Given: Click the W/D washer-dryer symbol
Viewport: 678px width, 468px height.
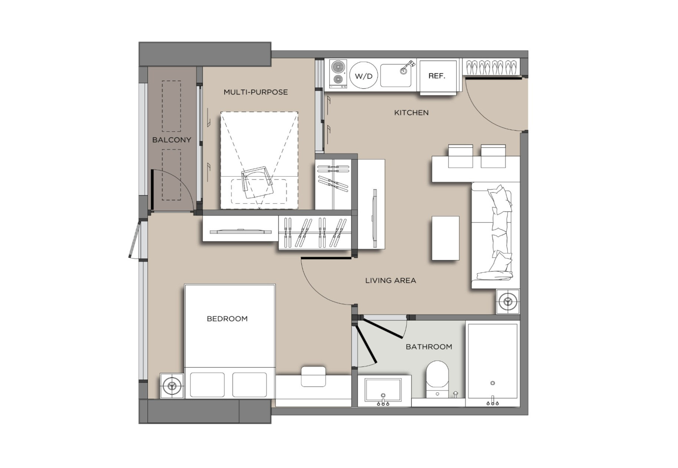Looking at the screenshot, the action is (x=364, y=76).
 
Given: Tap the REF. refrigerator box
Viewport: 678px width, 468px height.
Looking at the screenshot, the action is (x=437, y=76).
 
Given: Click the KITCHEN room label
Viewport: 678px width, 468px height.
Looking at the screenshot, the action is (x=411, y=113).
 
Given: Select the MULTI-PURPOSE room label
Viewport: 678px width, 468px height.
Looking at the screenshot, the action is (x=256, y=92).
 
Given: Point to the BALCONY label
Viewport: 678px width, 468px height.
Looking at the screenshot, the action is (x=172, y=140).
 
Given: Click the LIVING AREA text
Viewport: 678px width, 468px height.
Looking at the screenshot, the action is (x=391, y=281).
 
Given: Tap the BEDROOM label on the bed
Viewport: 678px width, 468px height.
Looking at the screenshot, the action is (x=227, y=319).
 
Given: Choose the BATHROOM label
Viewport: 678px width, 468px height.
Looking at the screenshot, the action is (x=429, y=347).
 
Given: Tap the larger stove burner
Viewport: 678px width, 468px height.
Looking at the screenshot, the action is (x=338, y=67).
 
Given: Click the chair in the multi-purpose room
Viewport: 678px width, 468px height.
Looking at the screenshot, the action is (x=258, y=183).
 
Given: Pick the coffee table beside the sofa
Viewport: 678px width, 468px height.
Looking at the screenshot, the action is (x=446, y=238).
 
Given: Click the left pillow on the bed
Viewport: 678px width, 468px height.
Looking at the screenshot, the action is (x=207, y=385).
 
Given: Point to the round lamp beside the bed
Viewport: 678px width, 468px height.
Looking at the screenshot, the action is (x=172, y=386).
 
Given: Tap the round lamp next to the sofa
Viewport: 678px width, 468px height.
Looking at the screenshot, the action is (x=508, y=301).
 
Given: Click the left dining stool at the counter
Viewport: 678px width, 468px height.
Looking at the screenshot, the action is (x=460, y=156).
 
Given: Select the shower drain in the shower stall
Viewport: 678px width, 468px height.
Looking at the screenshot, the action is (x=493, y=383).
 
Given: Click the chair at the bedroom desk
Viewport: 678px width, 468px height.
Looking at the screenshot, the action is (x=313, y=377).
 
